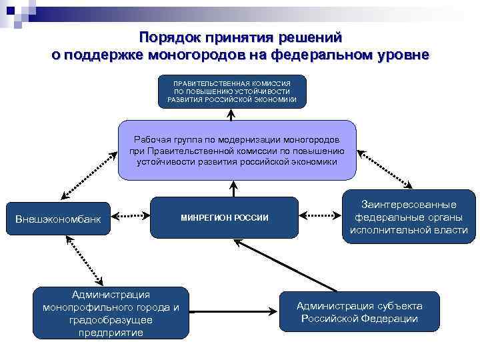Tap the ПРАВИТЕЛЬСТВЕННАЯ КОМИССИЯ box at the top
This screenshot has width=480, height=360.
click(x=232, y=91)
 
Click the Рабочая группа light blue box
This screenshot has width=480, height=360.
click(x=237, y=151)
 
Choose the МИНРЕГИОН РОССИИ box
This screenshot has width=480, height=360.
click(x=224, y=218)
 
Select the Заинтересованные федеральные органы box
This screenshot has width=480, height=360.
click(x=409, y=217)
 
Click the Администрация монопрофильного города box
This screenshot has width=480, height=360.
click(x=111, y=313)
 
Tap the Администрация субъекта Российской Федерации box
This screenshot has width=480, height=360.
click(x=359, y=312)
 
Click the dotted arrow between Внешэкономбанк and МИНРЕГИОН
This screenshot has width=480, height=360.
click(x=131, y=216)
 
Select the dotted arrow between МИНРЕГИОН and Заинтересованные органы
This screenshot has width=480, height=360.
click(x=319, y=216)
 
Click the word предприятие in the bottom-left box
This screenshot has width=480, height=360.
click(x=111, y=333)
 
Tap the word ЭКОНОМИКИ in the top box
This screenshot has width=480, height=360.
click(x=283, y=100)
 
